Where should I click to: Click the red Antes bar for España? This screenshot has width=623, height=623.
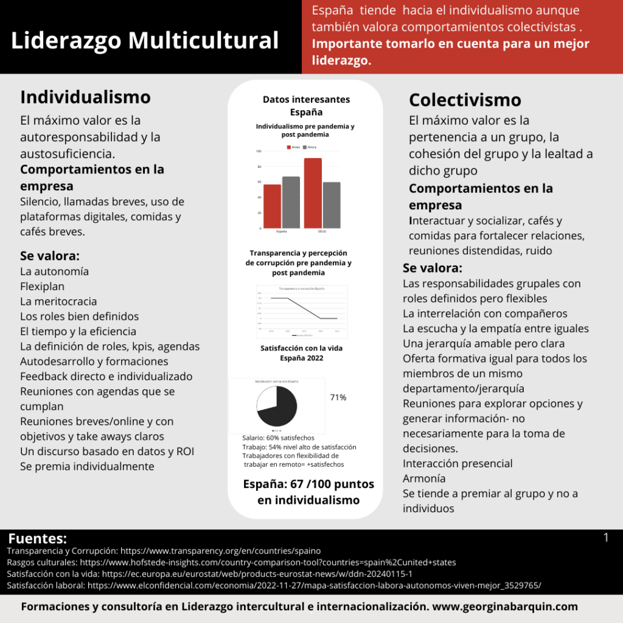pyautogui.click(x=272, y=206)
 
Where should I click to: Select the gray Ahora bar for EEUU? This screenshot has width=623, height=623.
pyautogui.click(x=331, y=205)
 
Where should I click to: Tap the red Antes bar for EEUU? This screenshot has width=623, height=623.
pyautogui.click(x=313, y=193)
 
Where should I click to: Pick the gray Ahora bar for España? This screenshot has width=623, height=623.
pyautogui.click(x=291, y=202)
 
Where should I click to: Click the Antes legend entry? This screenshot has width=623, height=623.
pyautogui.click(x=294, y=147)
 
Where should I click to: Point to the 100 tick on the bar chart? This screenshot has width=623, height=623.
pyautogui.click(x=259, y=151)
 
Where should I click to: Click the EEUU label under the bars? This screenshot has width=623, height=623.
pyautogui.click(x=322, y=232)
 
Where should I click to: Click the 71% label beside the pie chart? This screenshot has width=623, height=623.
pyautogui.click(x=338, y=398)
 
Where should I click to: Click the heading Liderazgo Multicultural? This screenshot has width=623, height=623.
pyautogui.click(x=145, y=40)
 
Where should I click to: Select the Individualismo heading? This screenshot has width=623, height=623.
pyautogui.click(x=85, y=97)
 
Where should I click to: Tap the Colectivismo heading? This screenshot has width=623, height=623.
pyautogui.click(x=465, y=100)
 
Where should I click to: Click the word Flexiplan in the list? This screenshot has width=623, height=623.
pyautogui.click(x=43, y=286)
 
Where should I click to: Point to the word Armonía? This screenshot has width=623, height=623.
pyautogui.click(x=424, y=478)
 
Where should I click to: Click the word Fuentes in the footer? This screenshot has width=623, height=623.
pyautogui.click(x=38, y=538)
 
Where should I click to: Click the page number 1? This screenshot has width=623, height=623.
pyautogui.click(x=606, y=537)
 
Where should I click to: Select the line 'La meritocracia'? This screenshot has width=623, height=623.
pyautogui.click(x=58, y=301)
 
